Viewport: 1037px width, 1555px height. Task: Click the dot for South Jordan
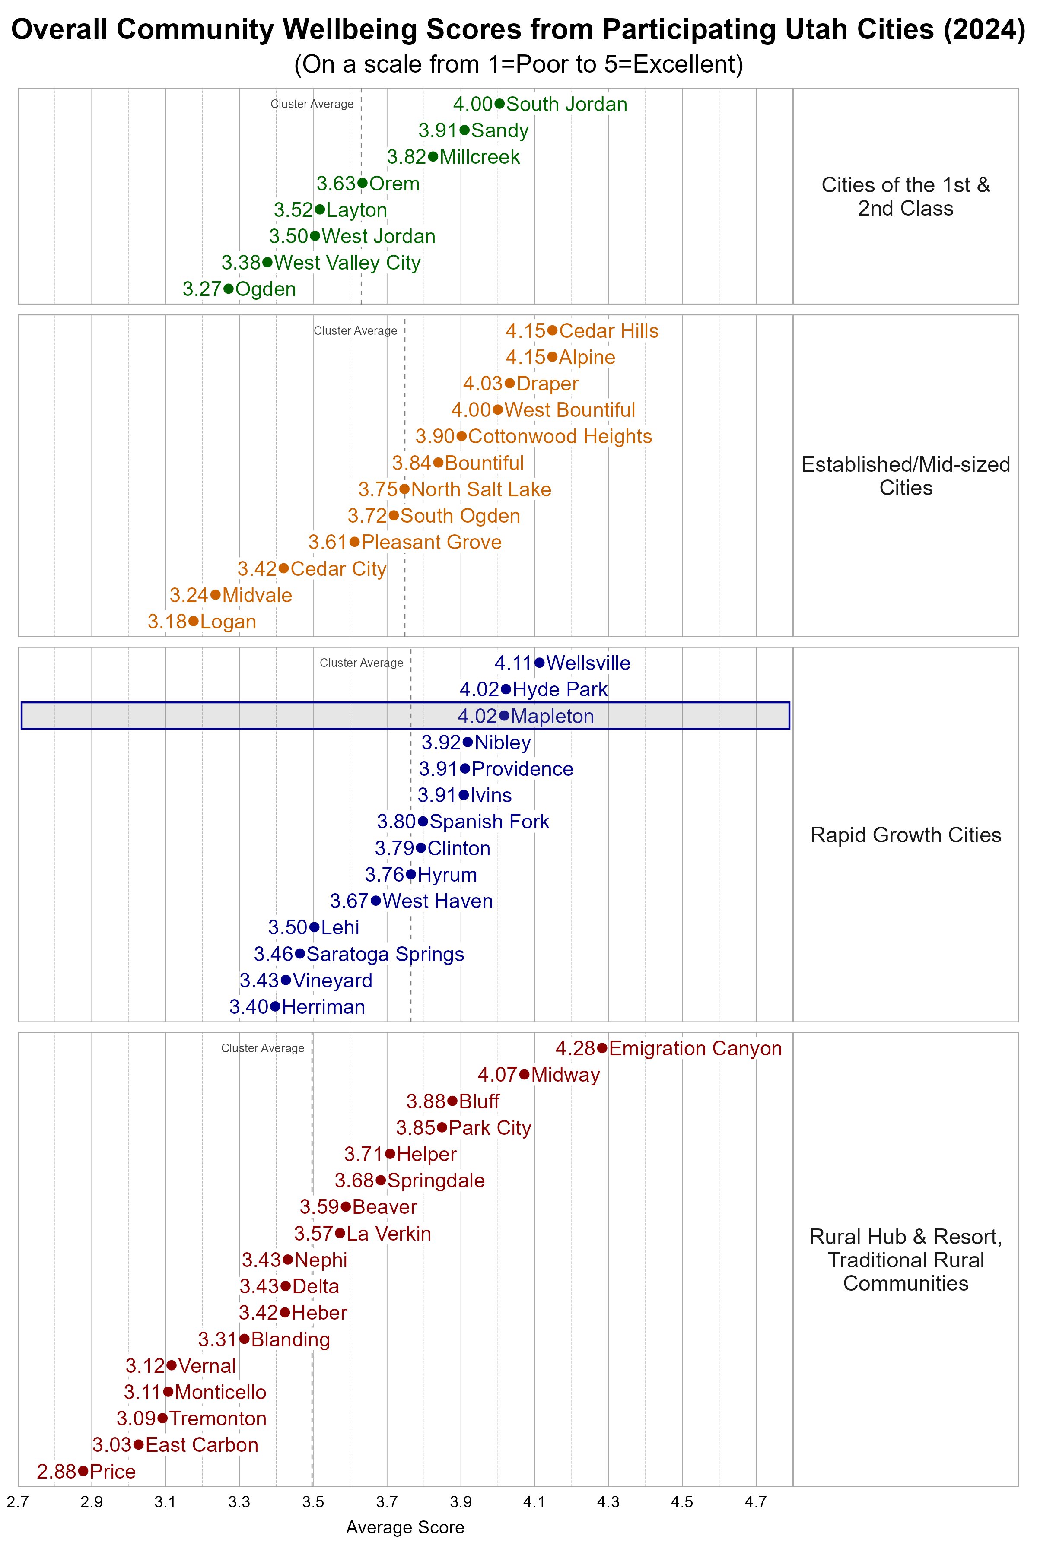499,104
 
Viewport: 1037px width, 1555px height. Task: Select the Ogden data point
228,289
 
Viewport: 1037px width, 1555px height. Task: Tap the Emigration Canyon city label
695,1049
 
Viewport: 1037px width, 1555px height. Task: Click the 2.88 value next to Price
57,1472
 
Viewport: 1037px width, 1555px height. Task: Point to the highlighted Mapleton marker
504,715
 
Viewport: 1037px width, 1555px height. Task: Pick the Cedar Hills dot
552,330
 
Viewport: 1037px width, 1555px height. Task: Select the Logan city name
228,622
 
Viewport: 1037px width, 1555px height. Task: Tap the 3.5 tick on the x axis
313,1502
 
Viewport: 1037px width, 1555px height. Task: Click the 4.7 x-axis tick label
756,1502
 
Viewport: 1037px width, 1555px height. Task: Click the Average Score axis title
405,1527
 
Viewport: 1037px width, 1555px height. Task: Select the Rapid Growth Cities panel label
905,835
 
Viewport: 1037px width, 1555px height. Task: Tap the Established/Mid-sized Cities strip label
905,476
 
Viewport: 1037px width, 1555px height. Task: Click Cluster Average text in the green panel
312,104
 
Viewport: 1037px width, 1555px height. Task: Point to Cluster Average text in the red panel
263,1049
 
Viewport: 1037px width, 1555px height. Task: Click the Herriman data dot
275,1007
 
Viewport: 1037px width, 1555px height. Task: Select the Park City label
490,1128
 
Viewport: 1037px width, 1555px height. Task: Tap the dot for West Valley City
267,263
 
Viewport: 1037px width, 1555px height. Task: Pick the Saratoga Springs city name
385,954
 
